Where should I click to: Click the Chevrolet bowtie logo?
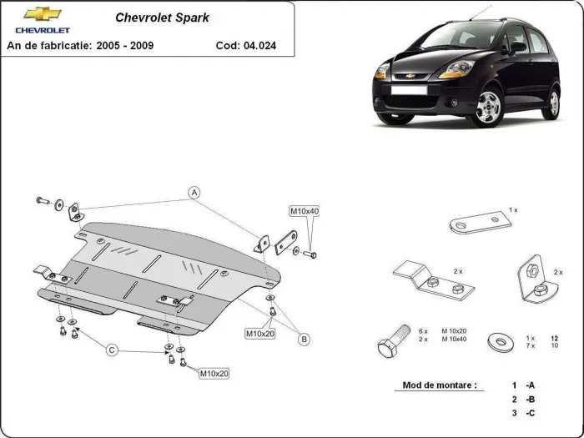[x=43, y=14]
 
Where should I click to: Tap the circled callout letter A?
[x=194, y=193]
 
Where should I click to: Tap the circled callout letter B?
[x=305, y=338]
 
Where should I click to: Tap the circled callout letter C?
[x=111, y=350]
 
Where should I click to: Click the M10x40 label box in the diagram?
[x=304, y=211]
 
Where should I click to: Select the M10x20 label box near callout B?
[x=260, y=334]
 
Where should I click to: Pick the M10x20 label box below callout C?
[x=214, y=373]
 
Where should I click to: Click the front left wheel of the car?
[x=488, y=108]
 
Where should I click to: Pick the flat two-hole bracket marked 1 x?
[x=478, y=224]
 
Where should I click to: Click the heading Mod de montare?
[x=440, y=385]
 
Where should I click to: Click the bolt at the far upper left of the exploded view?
[x=43, y=200]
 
